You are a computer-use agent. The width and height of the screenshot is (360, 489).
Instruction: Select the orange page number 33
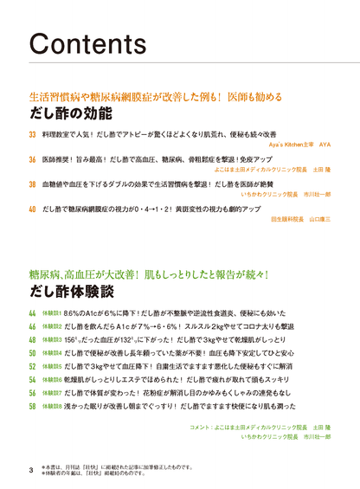[33, 136]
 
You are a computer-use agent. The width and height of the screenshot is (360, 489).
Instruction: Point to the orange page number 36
[33, 161]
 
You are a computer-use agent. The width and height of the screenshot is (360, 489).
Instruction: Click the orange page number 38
[33, 185]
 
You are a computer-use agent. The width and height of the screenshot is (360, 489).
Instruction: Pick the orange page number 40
[33, 209]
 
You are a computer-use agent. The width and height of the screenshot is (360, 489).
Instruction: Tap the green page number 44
[33, 312]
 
